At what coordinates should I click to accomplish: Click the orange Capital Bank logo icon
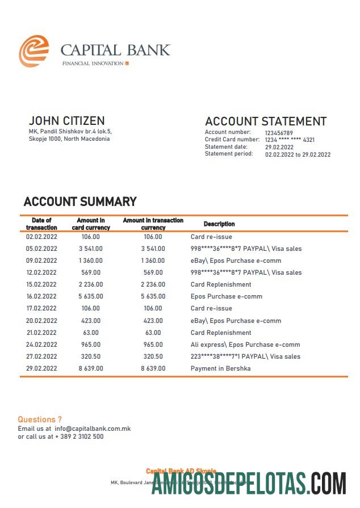pos(34,51)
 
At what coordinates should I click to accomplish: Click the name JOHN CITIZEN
pos(66,121)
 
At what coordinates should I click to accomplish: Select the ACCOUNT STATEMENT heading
pos(265,121)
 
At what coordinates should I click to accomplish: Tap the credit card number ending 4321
pos(290,140)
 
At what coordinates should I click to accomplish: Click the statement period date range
pos(298,154)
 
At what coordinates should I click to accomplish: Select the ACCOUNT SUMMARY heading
pos(80,201)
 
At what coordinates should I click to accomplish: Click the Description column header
pos(219,224)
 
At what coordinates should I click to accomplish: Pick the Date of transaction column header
pos(41,224)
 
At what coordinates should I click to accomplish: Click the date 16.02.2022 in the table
pos(41,296)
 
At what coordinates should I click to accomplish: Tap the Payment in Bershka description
pos(220,368)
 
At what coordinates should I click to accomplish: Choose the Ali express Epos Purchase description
pos(245,345)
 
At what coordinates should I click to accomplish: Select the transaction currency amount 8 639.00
pos(153,368)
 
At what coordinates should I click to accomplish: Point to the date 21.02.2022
pos(41,333)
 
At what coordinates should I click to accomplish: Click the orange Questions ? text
pos(40,420)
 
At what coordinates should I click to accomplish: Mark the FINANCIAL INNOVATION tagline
pos(93,63)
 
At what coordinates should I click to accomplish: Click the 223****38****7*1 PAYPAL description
pos(245,356)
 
